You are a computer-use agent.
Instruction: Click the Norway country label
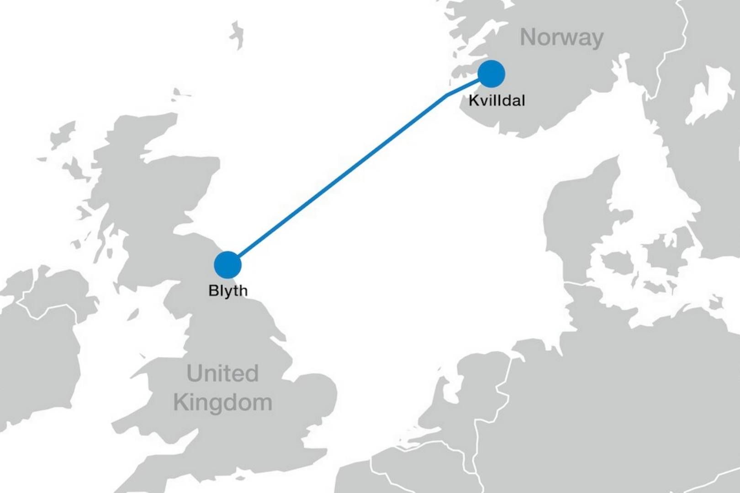(561, 37)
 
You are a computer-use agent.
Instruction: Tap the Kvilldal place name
(497, 100)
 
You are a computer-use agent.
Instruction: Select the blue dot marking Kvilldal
(491, 73)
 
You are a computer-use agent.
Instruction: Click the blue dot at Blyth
(227, 264)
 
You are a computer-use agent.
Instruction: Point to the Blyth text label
(227, 290)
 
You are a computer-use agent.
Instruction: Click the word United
(222, 373)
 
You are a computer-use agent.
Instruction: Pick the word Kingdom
(222, 403)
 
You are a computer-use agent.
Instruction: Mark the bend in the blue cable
(446, 95)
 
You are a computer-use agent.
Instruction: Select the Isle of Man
(133, 315)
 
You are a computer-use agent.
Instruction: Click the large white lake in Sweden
(706, 98)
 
